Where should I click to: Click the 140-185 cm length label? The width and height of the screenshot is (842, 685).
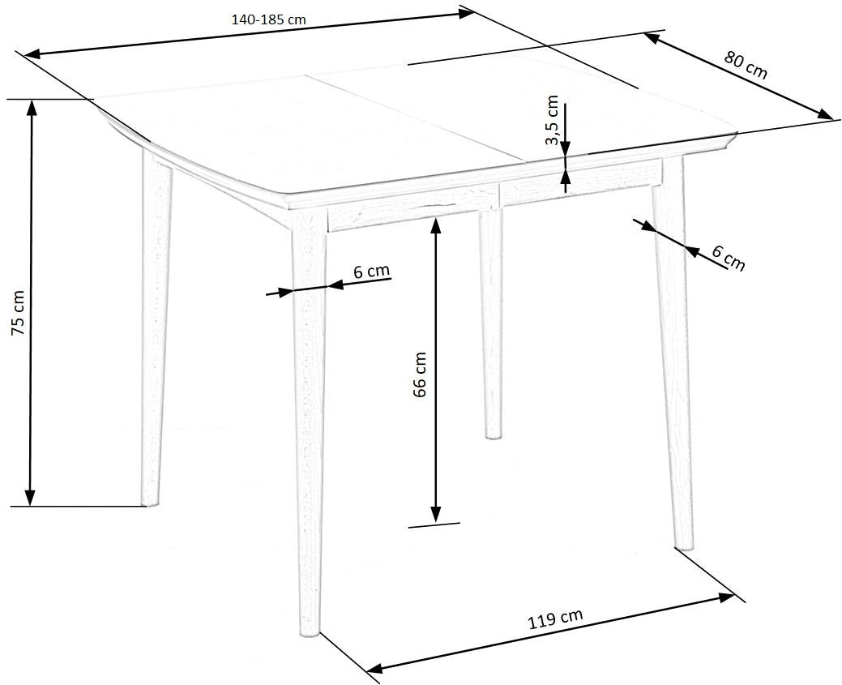tap(268, 20)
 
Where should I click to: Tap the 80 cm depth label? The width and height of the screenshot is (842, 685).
tap(746, 65)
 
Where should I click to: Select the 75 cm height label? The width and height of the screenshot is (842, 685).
tap(19, 320)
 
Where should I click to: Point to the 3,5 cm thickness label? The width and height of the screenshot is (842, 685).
tap(552, 120)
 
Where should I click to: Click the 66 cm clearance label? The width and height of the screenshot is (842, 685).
tap(420, 375)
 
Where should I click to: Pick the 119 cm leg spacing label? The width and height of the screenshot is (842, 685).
tap(556, 619)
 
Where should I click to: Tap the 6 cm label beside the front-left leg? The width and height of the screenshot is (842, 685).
tap(372, 271)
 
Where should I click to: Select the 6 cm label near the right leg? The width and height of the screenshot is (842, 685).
tap(729, 258)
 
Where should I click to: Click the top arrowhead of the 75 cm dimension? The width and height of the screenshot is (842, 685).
tap(31, 108)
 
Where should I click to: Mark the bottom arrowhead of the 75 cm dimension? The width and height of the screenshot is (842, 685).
tap(31, 498)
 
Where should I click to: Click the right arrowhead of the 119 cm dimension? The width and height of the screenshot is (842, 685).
tap(727, 597)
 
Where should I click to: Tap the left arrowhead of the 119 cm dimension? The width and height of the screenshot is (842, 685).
tap(374, 668)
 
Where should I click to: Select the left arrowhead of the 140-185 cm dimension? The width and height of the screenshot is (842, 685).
tap(32, 54)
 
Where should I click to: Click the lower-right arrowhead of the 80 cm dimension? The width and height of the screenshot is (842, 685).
tap(825, 114)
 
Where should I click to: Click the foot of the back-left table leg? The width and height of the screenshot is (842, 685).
tap(151, 504)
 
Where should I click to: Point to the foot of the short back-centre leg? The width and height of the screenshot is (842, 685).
tap(493, 436)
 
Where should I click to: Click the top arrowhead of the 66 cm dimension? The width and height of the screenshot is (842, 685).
tap(436, 226)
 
